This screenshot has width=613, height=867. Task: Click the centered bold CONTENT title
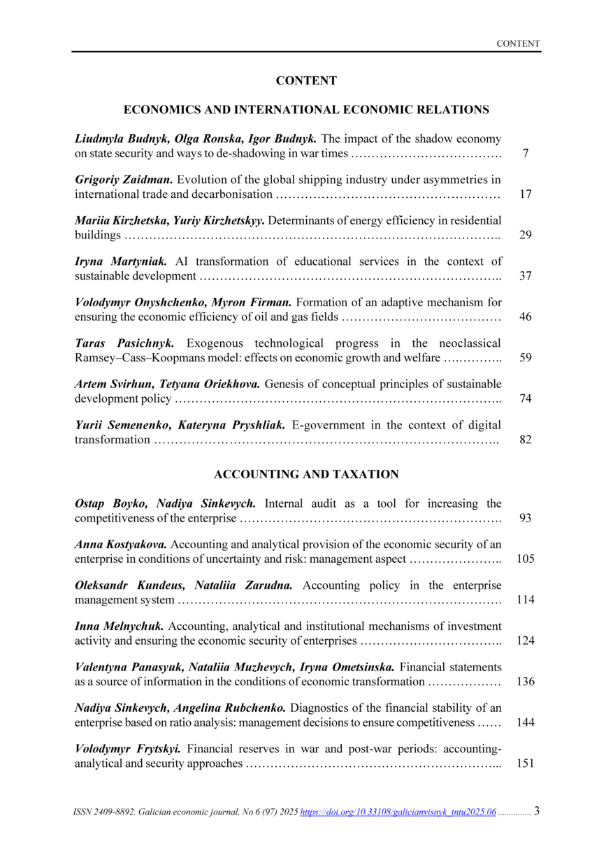[x=306, y=81]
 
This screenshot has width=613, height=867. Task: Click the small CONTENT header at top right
[x=518, y=43]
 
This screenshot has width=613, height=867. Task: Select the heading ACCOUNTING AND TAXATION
[x=306, y=474]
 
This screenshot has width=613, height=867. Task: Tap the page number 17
[x=526, y=194]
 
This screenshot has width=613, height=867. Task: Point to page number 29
[x=526, y=235]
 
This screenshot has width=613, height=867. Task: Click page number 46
[x=526, y=317]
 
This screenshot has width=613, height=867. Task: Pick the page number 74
[x=526, y=399]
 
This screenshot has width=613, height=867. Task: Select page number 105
[x=526, y=559]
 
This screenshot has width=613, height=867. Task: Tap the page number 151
[x=526, y=764]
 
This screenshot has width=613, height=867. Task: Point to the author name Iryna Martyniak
[x=121, y=261]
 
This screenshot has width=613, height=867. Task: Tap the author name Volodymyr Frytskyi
[x=128, y=749]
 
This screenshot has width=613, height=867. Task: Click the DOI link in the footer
[x=398, y=812]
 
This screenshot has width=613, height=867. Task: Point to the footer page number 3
[x=536, y=811]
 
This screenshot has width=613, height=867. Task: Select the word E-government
[x=328, y=425]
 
